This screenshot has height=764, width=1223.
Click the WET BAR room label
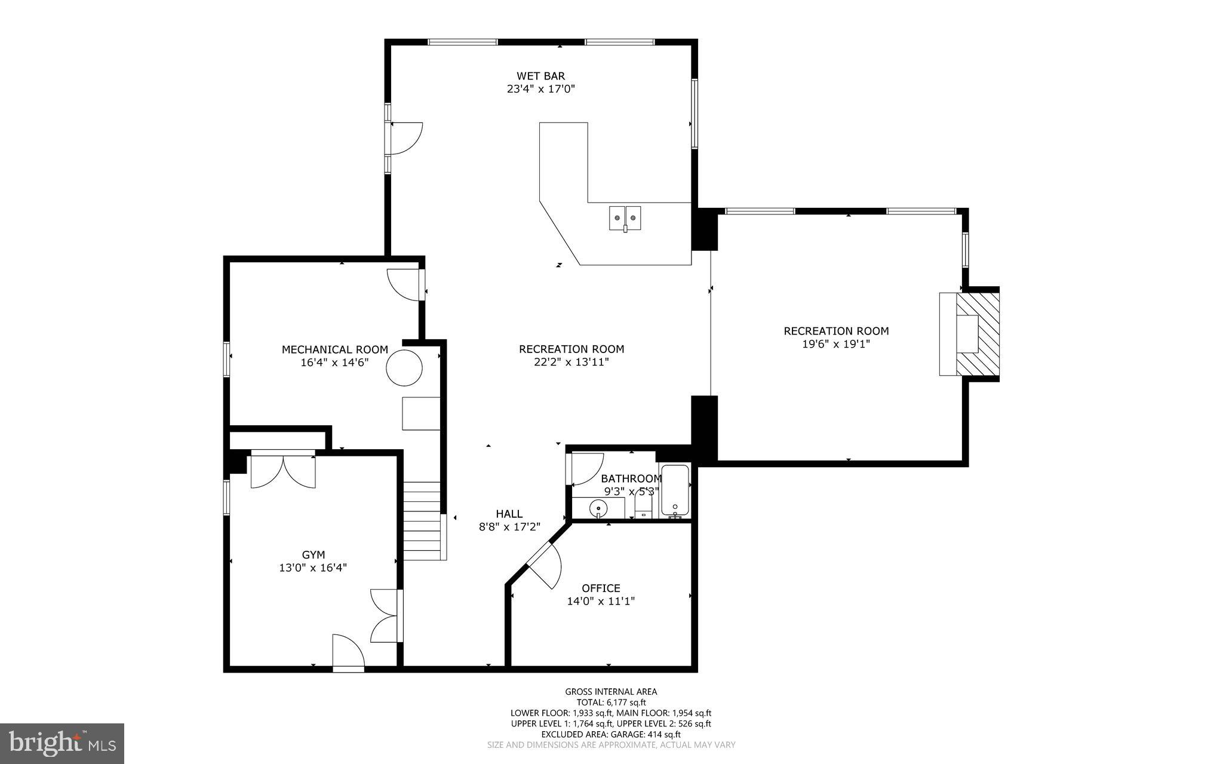tap(540, 76)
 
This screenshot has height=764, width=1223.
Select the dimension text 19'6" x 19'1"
tap(835, 344)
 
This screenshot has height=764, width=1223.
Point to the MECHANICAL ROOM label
tap(334, 349)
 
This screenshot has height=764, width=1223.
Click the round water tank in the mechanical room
tap(404, 368)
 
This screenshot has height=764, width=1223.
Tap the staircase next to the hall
tap(423, 520)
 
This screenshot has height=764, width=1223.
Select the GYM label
tap(313, 555)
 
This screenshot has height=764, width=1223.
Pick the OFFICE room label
tap(601, 588)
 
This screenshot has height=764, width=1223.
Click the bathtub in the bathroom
tap(675, 492)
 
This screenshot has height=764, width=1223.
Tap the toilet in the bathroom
tap(643, 508)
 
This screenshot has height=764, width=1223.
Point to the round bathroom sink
tap(598, 508)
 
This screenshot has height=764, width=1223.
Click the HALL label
tap(509, 514)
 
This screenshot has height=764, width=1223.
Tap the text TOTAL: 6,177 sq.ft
tap(611, 702)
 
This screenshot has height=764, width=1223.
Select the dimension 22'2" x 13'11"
tap(571, 362)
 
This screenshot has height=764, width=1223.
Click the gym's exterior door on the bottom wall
tap(348, 653)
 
